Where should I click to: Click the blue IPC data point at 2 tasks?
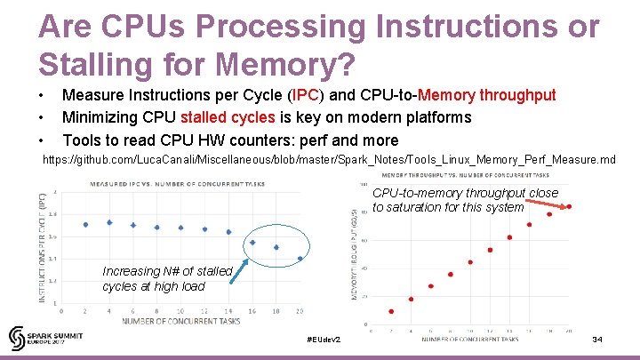[x=85, y=225]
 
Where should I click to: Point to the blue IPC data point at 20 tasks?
[x=300, y=259]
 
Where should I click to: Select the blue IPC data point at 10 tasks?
[x=180, y=228]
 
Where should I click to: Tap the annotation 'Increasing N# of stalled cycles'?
[x=167, y=278]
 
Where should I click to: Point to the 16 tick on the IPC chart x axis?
[x=252, y=310]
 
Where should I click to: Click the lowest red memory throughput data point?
[x=391, y=311]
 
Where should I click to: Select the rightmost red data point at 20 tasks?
[x=569, y=207]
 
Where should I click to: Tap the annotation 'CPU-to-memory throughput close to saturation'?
[x=465, y=200]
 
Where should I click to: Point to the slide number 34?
[x=597, y=340]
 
